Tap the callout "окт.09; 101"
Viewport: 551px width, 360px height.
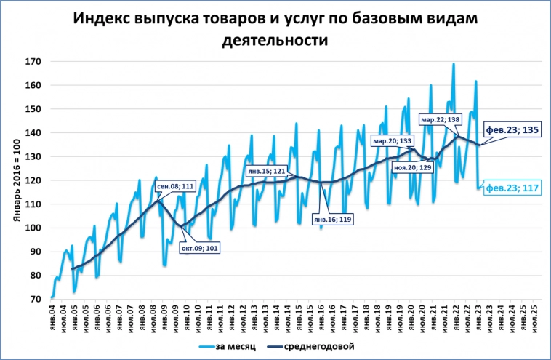pos(199,248)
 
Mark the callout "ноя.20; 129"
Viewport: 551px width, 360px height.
pos(412,167)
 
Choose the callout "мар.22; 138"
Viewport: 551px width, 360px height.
pos(440,119)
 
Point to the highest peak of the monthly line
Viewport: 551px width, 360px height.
pos(454,64)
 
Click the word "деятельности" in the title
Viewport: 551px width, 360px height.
pos(275,41)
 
